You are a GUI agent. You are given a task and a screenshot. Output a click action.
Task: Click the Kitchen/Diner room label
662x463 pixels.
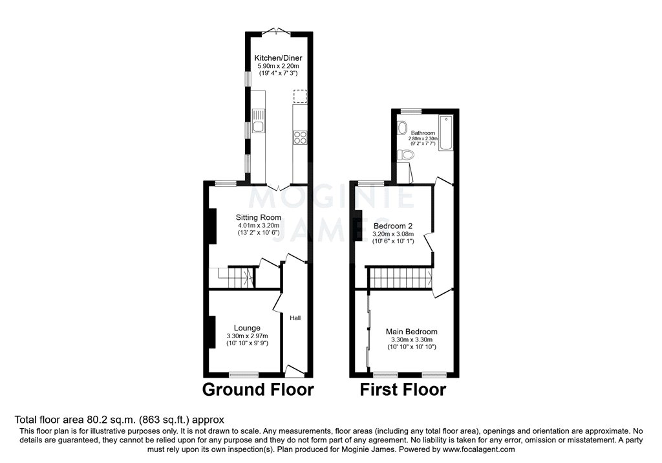coord(278,58)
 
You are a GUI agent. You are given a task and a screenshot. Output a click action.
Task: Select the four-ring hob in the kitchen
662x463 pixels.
coord(300,137)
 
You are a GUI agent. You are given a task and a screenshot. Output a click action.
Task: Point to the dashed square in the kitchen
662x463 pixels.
coord(300,97)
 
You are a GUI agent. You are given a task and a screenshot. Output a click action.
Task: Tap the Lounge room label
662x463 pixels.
coord(247,328)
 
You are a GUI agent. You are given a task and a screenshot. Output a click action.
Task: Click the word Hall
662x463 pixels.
coord(295,318)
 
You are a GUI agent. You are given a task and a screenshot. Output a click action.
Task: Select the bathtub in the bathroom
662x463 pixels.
coord(446,134)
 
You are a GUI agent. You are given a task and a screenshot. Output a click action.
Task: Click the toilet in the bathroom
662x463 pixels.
coord(405,155)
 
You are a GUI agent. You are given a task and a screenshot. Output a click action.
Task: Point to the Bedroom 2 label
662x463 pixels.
coord(393,226)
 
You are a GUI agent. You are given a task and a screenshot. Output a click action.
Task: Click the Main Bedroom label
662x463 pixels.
coord(411,332)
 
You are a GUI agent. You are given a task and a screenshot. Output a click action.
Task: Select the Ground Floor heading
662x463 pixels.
coord(258,390)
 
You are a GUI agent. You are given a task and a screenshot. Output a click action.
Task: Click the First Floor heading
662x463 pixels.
coord(403,390)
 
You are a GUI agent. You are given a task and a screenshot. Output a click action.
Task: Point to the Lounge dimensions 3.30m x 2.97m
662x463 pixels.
coord(247,336)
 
